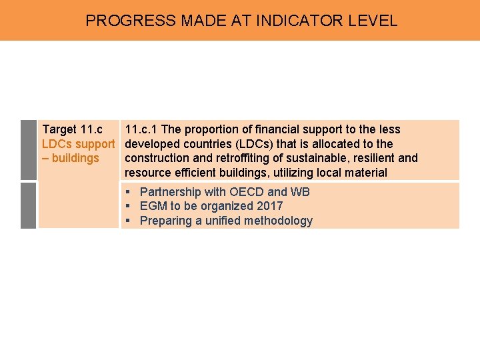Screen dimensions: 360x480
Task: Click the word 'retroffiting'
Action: [x=227, y=159]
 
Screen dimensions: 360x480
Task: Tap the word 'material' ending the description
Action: [x=364, y=173]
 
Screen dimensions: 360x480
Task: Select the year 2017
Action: [x=269, y=207]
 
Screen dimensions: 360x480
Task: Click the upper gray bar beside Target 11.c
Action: [x=28, y=150]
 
